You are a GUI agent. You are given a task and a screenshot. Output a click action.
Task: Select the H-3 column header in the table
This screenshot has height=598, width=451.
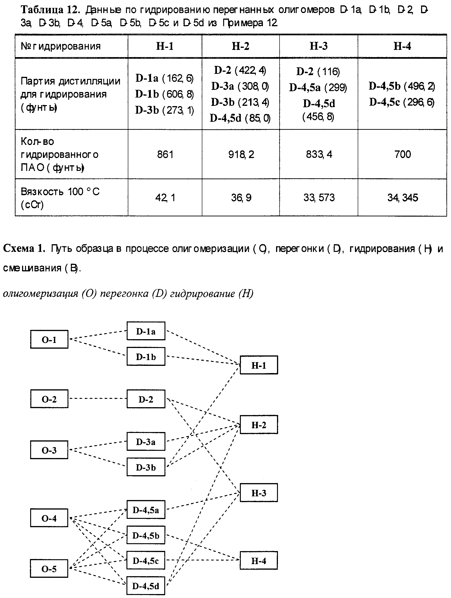coord(318,46)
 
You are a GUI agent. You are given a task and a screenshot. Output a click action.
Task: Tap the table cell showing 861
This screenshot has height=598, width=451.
coord(165,154)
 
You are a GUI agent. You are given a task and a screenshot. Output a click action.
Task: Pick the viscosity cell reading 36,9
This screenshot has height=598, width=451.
coord(241,198)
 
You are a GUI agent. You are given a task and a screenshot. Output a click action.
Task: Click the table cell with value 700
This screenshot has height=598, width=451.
coord(402,154)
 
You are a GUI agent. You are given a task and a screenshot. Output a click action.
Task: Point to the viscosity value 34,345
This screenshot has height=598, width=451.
coord(402,198)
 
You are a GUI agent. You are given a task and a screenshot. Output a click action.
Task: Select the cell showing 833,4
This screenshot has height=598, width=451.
coord(319,154)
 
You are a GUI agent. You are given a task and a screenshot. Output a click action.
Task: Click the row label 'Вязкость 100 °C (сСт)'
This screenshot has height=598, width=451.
coord(60,198)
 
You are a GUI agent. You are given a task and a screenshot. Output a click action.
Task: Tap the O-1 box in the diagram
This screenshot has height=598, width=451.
coord(49,339)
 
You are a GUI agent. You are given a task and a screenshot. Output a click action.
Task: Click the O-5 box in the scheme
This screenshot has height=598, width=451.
coord(49,569)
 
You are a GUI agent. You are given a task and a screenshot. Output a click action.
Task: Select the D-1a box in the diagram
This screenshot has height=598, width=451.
coord(146,331)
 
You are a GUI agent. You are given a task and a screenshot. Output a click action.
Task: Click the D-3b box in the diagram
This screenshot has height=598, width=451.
coord(146,467)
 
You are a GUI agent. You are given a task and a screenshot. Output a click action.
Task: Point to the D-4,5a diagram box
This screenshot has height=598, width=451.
coord(146,510)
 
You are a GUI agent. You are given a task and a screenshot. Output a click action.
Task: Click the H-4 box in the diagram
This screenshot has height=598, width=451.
coord(259,560)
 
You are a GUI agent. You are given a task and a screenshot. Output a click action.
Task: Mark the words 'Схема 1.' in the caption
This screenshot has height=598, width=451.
coord(24,248)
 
